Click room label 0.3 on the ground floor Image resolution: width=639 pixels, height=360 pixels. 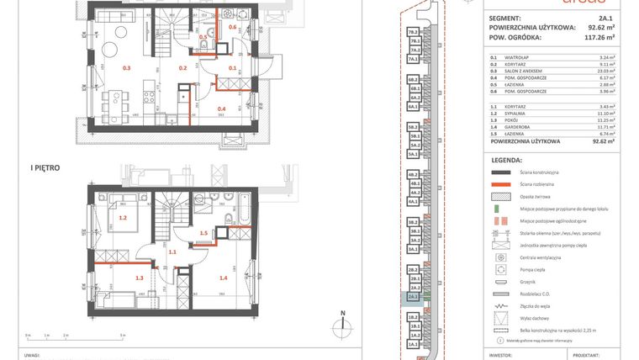pos(127,67)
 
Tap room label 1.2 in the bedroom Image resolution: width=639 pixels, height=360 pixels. pos(123,218)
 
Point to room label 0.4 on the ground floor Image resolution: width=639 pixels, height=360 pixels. pos(221,109)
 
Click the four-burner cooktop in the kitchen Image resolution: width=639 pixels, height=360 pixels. pos(149,85)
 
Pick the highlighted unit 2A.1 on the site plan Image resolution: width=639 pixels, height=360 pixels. pos(413,297)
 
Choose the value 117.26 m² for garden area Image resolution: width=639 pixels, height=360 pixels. pos(599,37)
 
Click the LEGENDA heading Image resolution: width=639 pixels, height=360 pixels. pos(506,158)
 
